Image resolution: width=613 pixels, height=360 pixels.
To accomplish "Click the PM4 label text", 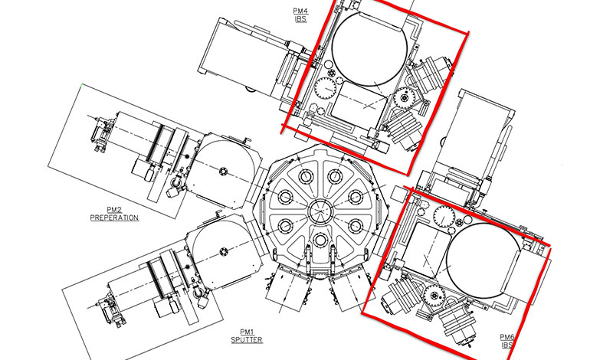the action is click(300, 11).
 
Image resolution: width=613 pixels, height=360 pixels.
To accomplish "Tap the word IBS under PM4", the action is click(300, 18).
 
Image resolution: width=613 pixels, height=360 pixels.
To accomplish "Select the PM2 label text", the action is click(114, 211).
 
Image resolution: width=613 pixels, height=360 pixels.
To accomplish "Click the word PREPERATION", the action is click(114, 218).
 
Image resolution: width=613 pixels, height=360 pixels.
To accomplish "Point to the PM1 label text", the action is click(247, 332).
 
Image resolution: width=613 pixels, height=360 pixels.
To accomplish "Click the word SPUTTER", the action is click(247, 340).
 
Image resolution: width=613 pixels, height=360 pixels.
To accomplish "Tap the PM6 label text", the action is click(507, 337).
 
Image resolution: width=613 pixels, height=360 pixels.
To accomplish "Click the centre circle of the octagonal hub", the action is click(320, 212).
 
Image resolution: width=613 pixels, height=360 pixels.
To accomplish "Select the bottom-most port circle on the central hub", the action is click(320, 240).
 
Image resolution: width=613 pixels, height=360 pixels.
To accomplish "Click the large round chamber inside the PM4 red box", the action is click(369, 48).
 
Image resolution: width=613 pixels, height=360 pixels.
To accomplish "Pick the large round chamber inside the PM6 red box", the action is click(484, 260).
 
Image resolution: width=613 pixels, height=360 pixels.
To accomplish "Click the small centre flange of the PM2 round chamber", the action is click(223, 172).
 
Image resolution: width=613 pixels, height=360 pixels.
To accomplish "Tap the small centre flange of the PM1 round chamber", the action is click(224, 251).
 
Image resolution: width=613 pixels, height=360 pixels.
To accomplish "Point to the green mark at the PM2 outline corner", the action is click(81, 84).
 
